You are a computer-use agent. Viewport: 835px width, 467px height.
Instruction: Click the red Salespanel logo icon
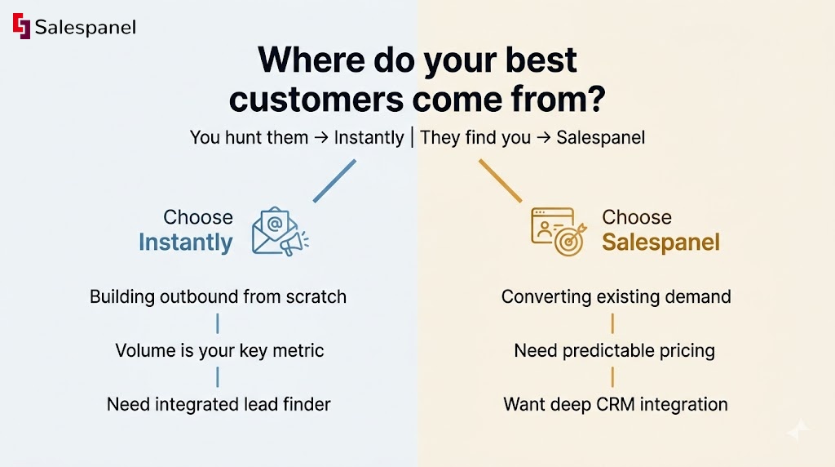pos(21,26)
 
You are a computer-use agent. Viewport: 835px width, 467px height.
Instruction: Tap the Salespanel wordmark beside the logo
pos(85,27)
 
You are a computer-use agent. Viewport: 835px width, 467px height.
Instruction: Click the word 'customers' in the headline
pos(316,99)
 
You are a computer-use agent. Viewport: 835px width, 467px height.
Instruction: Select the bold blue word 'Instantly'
pos(186,242)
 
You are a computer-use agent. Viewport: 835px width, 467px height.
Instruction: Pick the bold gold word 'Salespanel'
pos(660,242)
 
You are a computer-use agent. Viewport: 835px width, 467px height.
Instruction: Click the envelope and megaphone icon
pos(281,231)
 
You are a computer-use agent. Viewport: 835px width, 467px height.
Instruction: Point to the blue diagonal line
pos(334,180)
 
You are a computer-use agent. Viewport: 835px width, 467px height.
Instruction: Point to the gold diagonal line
pos(501,180)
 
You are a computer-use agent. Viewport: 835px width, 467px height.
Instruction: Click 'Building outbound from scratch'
pos(218,297)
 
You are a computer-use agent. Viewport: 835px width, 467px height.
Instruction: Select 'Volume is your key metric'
pos(219,351)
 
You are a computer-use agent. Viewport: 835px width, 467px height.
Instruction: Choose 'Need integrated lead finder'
pos(219,404)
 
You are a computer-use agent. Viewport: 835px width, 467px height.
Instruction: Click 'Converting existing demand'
pos(616,297)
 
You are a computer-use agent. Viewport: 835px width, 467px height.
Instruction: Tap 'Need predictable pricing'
pos(615,351)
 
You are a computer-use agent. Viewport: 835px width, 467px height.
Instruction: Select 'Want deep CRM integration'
pos(616,404)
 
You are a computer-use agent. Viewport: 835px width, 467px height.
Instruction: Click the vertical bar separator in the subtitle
pos(412,137)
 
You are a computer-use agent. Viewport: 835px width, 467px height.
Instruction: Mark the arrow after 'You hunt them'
pos(321,138)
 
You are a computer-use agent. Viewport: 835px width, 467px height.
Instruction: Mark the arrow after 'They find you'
pos(544,138)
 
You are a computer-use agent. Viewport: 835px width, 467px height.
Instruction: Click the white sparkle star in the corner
pos(799,429)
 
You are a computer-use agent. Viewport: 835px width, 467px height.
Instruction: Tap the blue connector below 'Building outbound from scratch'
pos(218,323)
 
